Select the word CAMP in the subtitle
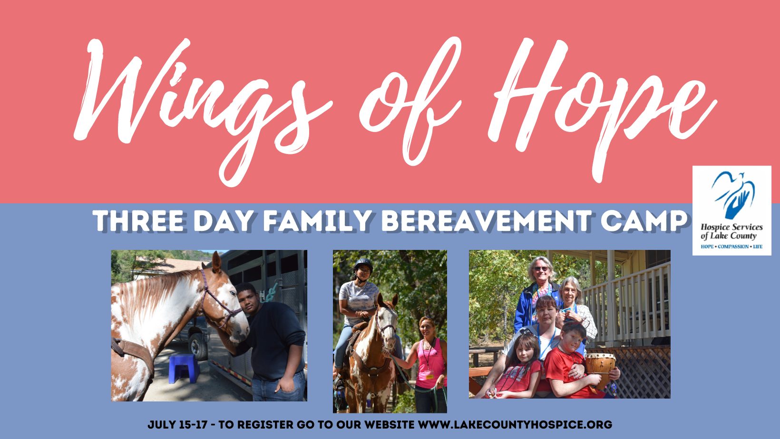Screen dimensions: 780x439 [644, 221]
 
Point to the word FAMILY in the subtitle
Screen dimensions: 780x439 [317, 221]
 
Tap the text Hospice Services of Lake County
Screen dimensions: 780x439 [731, 232]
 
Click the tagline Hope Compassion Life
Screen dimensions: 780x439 [731, 247]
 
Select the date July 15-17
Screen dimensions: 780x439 [177, 425]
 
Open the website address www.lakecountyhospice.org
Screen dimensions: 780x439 [515, 425]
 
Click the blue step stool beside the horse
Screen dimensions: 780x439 [184, 369]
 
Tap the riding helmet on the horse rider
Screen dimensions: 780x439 [363, 266]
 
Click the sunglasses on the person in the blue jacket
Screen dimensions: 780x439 [541, 269]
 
